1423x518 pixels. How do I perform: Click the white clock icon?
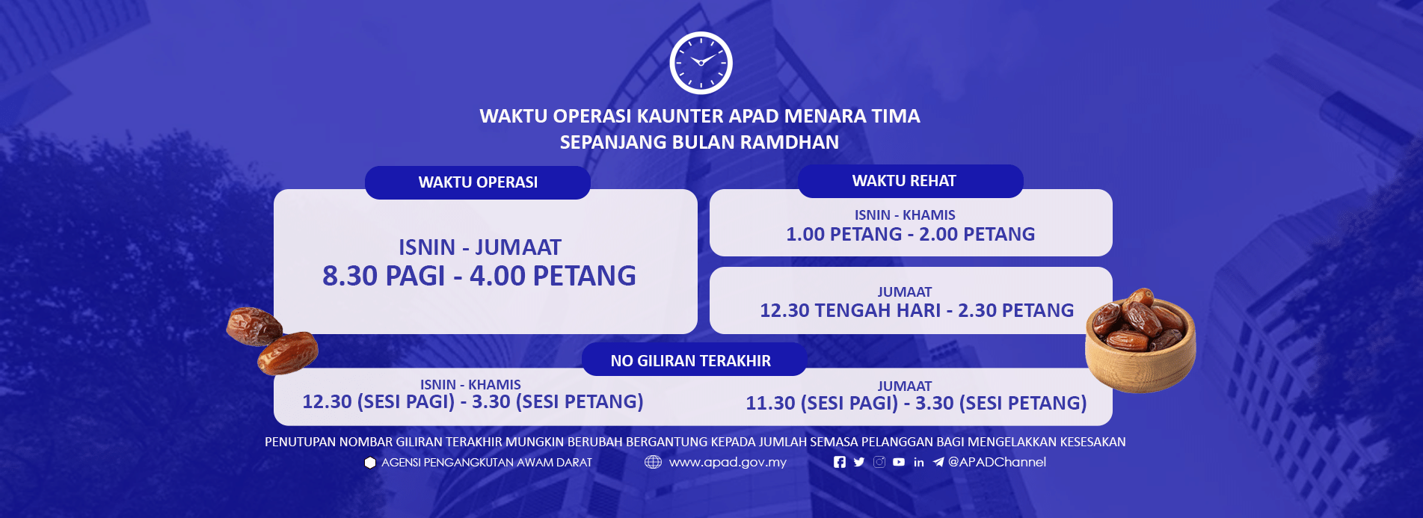701,63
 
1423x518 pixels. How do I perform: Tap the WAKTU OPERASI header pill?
478,182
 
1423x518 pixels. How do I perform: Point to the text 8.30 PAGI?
383,276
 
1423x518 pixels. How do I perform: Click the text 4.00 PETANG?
553,276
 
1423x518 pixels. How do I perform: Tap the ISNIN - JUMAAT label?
479,247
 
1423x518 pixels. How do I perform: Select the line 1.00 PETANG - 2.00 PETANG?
910,234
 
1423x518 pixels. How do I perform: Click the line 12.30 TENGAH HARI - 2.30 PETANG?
916,310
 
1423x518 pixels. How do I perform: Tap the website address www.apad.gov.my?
728,462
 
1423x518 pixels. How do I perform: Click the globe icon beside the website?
653,462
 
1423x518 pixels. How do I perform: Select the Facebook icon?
840,462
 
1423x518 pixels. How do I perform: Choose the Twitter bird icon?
859,462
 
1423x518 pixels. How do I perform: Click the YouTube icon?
899,462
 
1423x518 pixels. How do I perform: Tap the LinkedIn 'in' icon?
918,462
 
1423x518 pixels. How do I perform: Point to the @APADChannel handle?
997,462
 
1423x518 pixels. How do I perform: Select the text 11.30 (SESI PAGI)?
821,403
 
